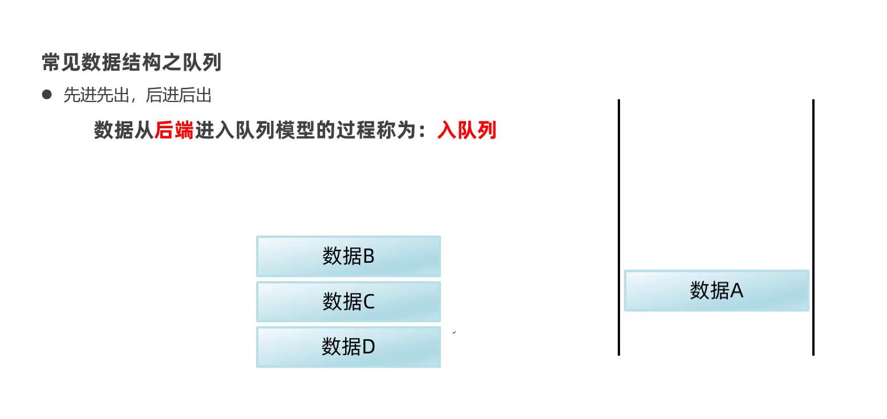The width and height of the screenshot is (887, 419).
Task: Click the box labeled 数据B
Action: (349, 257)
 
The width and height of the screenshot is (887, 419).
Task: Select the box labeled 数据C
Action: (349, 302)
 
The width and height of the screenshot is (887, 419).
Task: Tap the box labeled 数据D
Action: (349, 347)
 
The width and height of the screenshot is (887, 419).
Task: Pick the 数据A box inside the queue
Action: (716, 291)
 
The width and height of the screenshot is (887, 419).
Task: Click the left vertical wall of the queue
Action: (619, 228)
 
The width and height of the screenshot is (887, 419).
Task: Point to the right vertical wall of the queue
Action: (813, 228)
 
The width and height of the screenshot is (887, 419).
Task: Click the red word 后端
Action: (175, 131)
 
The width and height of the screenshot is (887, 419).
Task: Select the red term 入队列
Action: (467, 131)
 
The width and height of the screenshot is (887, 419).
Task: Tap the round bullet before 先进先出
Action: (47, 95)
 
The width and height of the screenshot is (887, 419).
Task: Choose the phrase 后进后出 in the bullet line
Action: (179, 95)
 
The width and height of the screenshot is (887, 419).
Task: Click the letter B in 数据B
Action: (368, 257)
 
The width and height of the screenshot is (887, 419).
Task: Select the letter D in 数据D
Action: (368, 347)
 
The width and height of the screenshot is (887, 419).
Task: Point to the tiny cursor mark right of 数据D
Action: (455, 332)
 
